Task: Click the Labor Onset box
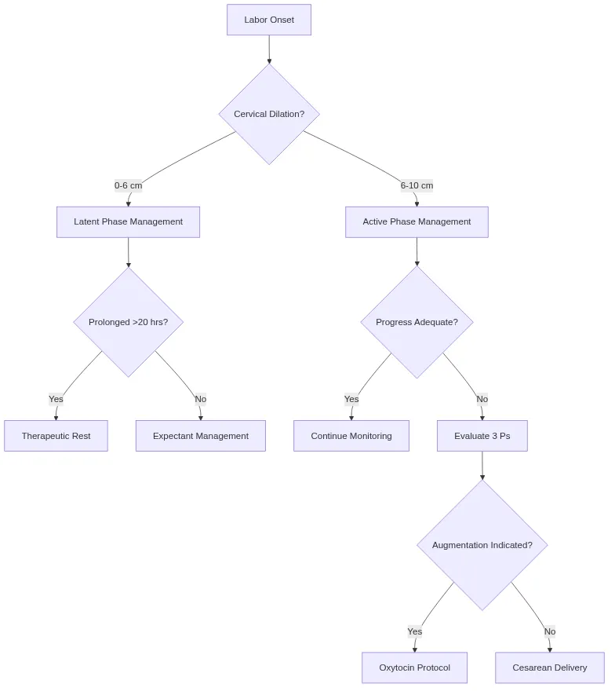point(269,20)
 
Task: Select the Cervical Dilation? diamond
point(269,114)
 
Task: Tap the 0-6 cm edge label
point(128,186)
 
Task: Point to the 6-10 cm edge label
point(417,186)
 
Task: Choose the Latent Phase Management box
point(128,222)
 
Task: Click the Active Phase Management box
point(417,222)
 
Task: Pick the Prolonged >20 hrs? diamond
point(128,322)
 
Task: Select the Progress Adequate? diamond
point(417,322)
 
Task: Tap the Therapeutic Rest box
point(56,436)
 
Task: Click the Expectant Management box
point(200,436)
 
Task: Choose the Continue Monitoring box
point(351,436)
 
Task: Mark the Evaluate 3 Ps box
point(482,436)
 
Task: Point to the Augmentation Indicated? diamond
point(482,545)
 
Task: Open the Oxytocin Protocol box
point(414,668)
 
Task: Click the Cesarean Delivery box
point(549,668)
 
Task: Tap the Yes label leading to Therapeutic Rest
point(56,399)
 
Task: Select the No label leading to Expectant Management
point(200,399)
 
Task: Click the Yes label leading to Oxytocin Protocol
point(414,631)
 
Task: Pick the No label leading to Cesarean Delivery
point(549,631)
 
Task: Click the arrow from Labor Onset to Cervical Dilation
point(269,49)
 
